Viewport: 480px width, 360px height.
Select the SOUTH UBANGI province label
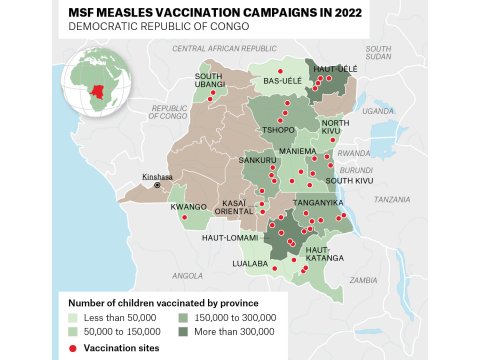pyautogui.click(x=208, y=80)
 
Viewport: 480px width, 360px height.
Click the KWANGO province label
pyautogui.click(x=188, y=207)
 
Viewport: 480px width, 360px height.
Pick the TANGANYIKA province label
pyautogui.click(x=318, y=203)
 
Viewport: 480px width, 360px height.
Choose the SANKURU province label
pyautogui.click(x=258, y=160)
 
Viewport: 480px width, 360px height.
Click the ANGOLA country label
pyautogui.click(x=187, y=275)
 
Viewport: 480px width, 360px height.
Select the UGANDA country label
pyautogui.click(x=378, y=111)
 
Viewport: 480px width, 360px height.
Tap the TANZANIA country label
pyautogui.click(x=392, y=199)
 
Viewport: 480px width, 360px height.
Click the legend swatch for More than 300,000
pyautogui.click(x=185, y=330)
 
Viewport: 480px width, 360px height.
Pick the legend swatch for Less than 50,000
pyautogui.click(x=74, y=316)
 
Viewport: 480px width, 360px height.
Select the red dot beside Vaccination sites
pyautogui.click(x=74, y=347)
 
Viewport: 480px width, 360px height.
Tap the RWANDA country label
pyautogui.click(x=353, y=153)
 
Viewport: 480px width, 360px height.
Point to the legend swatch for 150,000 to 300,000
pyautogui.click(x=185, y=316)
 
